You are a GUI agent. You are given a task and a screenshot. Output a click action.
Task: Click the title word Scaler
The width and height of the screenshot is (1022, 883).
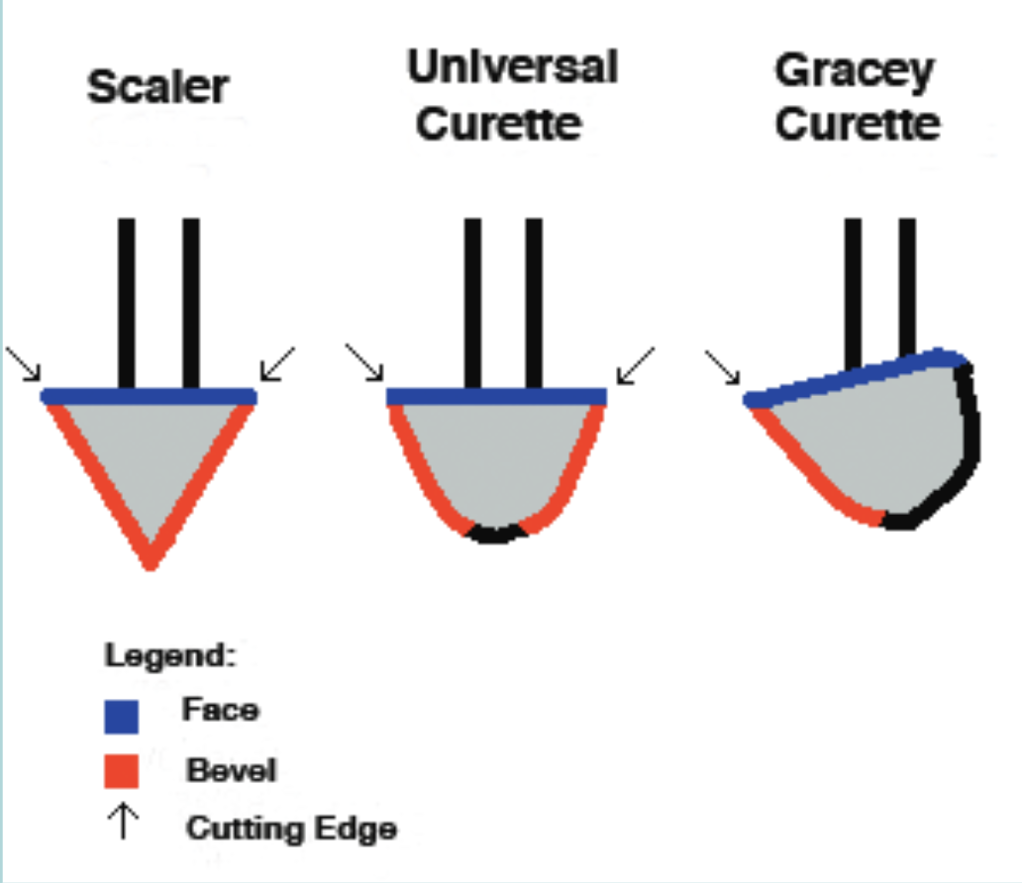tap(158, 87)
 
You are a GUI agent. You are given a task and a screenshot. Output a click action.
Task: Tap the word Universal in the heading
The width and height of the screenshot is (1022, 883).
tap(512, 67)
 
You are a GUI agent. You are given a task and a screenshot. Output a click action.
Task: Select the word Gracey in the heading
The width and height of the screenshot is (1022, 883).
tap(854, 71)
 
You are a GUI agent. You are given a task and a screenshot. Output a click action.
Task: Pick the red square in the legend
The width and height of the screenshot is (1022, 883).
tap(122, 769)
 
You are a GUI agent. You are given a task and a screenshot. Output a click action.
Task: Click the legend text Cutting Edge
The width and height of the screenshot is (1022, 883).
tap(291, 828)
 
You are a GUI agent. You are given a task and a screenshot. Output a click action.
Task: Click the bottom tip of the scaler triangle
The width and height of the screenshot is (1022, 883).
tap(150, 561)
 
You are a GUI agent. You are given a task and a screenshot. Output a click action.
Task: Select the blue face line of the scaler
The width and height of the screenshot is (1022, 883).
tap(149, 396)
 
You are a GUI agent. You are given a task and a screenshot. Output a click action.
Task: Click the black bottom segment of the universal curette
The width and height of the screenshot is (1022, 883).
tap(497, 535)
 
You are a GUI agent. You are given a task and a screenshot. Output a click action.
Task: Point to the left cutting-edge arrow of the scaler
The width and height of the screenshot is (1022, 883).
tap(25, 363)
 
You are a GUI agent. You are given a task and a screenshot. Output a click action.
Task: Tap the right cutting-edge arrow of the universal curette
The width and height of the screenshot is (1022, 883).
tap(634, 364)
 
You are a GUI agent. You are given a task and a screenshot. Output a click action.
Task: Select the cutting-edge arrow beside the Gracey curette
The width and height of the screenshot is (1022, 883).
tap(723, 366)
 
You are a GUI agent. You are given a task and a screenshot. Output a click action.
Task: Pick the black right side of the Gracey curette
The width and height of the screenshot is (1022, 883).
tap(966, 436)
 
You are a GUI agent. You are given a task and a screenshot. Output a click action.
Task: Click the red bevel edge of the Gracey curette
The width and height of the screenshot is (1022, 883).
tap(812, 475)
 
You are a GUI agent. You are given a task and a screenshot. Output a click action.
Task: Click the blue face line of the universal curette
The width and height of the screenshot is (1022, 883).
tap(495, 396)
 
